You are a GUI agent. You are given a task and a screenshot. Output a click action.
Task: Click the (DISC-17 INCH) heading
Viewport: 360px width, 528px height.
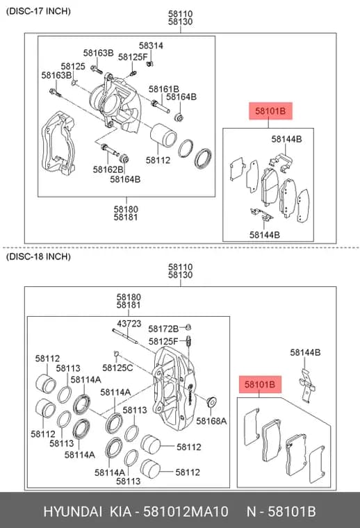point(38,11)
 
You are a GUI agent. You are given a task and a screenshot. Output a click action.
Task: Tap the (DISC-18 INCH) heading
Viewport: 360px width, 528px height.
point(38,256)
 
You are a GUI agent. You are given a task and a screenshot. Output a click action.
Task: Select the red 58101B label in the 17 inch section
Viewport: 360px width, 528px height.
point(270,110)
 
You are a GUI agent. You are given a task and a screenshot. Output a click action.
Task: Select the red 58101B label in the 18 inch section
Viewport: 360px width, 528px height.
point(260,384)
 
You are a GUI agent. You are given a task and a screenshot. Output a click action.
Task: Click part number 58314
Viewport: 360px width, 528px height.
point(151,45)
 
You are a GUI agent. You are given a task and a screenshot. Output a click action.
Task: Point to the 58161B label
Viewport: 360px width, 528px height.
point(163,89)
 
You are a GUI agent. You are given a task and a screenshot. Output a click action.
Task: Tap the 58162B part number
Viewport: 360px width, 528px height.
point(108,170)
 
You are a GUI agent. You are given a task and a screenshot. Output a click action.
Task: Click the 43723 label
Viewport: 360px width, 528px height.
point(129,324)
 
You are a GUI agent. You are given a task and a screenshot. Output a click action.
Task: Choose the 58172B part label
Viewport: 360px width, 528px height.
point(163,329)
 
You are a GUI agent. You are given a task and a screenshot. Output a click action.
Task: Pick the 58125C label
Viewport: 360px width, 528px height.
point(117,368)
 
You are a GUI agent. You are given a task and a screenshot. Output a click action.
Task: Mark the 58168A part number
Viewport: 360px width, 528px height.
point(211,421)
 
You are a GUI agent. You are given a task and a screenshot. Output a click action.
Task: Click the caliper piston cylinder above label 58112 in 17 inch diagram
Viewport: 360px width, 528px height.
point(163,135)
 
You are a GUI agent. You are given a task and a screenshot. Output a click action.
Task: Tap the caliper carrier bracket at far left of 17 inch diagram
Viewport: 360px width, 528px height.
point(58,143)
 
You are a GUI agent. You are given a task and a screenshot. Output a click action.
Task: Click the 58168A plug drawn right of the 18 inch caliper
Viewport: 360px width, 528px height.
point(211,402)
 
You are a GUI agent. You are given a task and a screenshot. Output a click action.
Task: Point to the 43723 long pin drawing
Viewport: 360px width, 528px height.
point(125,336)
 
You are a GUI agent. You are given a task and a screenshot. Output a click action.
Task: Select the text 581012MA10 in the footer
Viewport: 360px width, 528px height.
point(186,511)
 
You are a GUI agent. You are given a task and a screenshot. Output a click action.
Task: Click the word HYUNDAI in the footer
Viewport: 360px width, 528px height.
point(72,511)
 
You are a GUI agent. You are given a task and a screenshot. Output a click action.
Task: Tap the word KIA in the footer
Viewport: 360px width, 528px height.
point(120,511)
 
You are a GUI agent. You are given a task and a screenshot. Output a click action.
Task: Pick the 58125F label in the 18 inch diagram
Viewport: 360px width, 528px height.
point(163,341)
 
